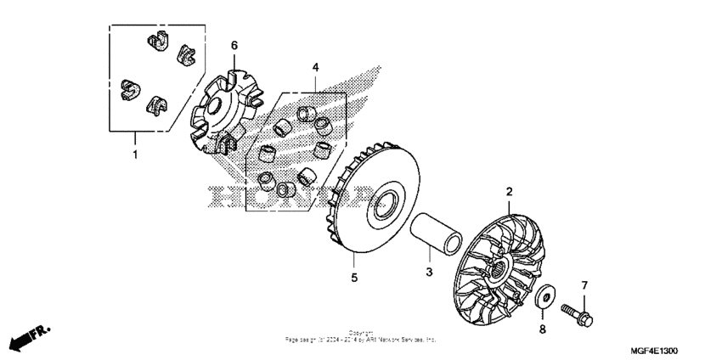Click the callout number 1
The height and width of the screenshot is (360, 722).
pos(134,155)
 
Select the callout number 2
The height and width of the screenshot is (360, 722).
pos(509,193)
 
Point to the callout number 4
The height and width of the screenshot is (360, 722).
pos(315,66)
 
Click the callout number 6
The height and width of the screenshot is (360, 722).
pos(234,45)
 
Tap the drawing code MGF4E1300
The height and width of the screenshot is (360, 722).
pos(654,350)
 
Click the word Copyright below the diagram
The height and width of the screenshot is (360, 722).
pos(361,333)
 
